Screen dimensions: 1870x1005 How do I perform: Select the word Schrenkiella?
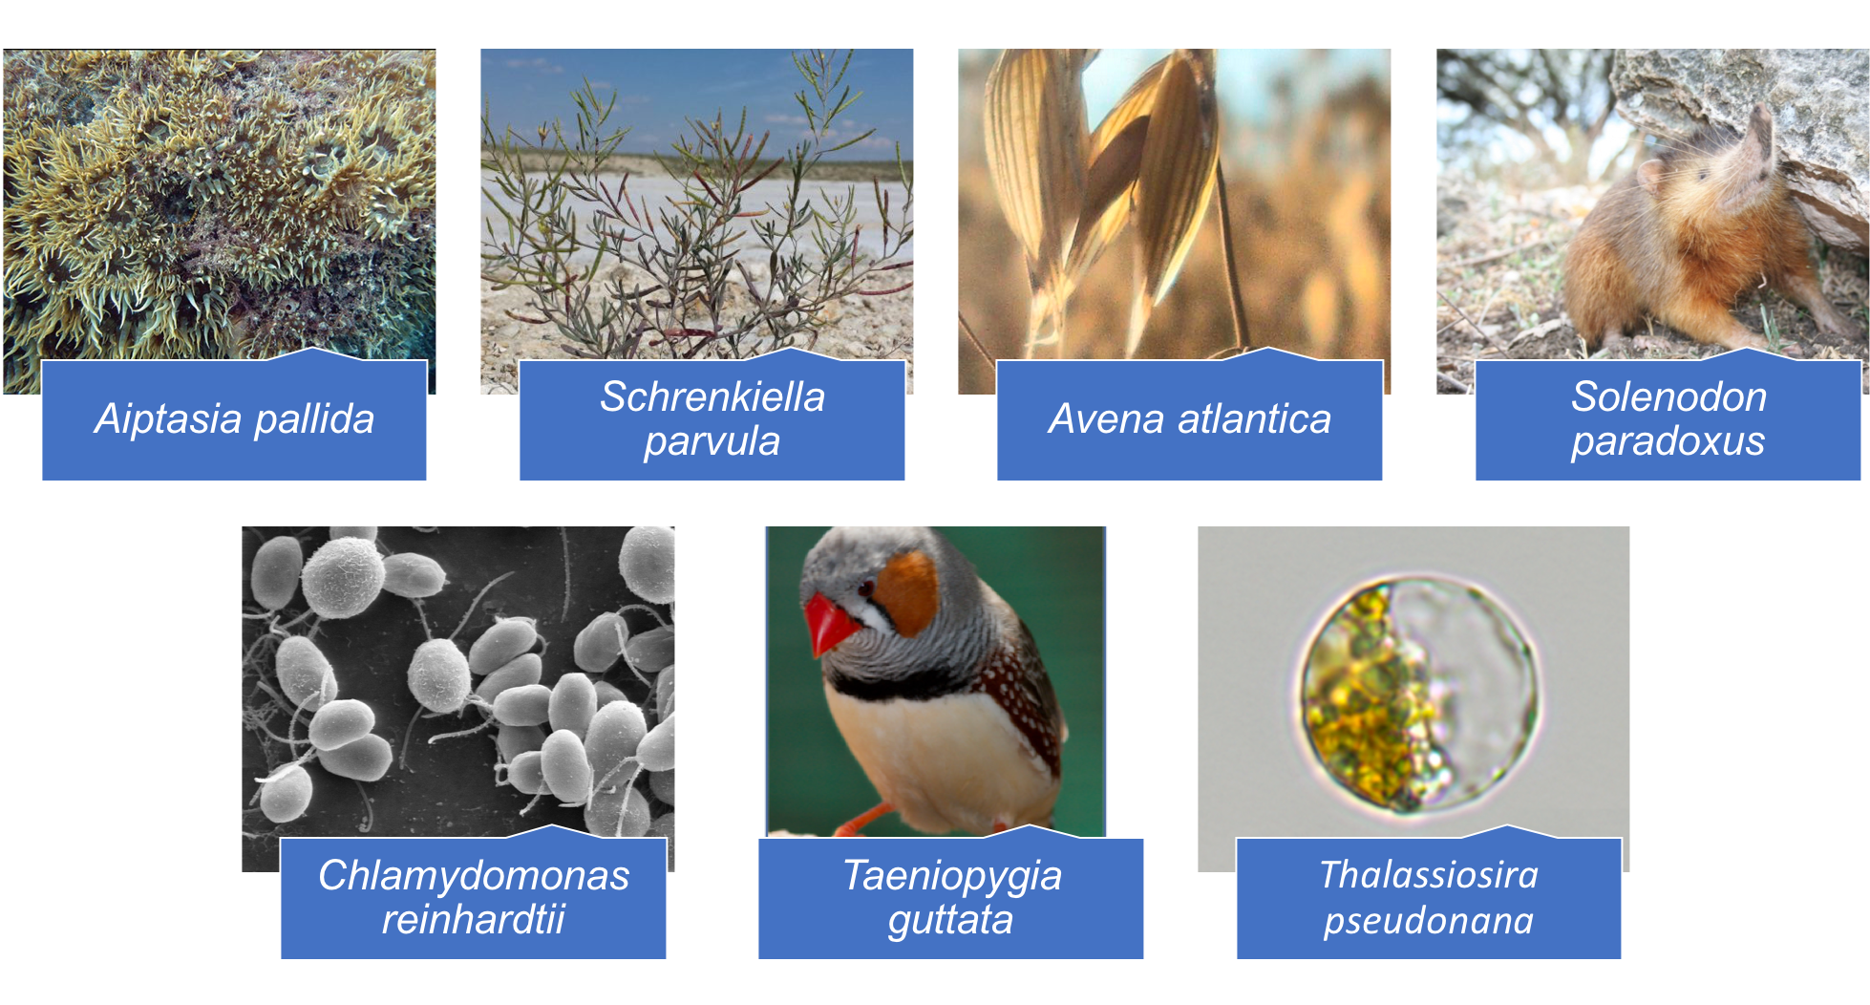click(712, 396)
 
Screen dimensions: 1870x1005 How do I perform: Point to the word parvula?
click(712, 441)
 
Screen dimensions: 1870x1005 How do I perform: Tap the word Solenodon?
click(1668, 396)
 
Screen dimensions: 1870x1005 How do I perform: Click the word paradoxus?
click(1668, 441)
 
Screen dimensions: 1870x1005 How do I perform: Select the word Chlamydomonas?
click(474, 875)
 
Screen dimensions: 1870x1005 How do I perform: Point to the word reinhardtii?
click(474, 919)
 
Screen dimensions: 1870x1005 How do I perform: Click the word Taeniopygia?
click(951, 876)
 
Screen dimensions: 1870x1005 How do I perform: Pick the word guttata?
click(950, 920)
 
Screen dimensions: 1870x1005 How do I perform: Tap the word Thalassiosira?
click(1429, 875)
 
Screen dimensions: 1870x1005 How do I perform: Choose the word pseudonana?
click(1429, 921)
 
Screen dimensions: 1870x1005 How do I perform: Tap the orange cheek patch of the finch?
click(907, 591)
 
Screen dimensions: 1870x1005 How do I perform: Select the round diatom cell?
click(1417, 695)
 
